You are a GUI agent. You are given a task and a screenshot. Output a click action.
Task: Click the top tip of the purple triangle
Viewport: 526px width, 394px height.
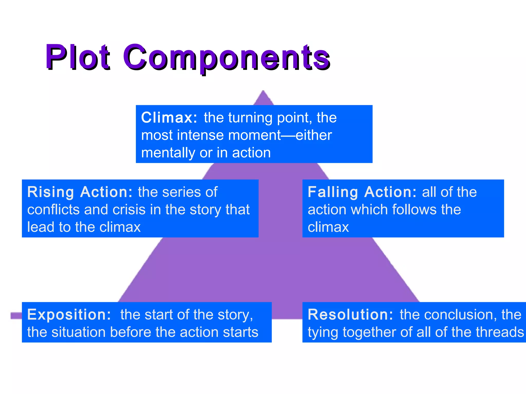tap(263, 92)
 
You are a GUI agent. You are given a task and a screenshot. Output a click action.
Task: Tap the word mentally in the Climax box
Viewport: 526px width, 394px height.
tap(168, 153)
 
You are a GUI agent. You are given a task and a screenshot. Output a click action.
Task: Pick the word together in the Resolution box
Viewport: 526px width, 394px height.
tap(370, 333)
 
